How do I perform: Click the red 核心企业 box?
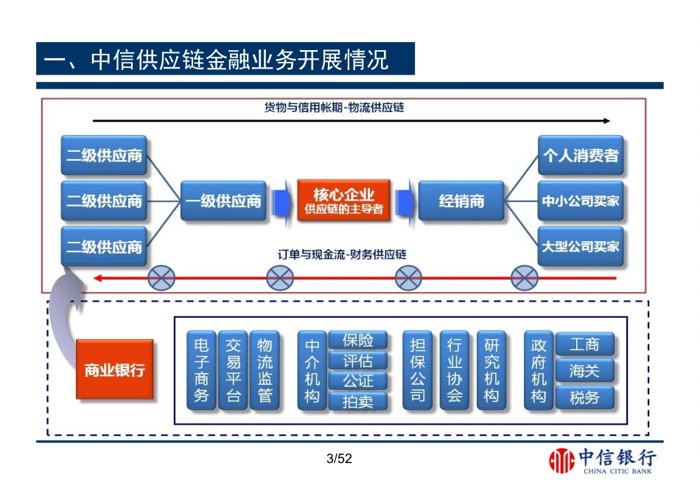[344, 201]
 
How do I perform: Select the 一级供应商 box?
[224, 201]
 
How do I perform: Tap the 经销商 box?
[462, 201]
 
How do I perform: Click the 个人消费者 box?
[581, 156]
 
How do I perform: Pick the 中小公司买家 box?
[581, 201]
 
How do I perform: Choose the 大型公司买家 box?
[581, 246]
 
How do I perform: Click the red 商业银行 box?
[114, 369]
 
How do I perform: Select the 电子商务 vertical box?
[201, 370]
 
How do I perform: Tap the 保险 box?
[357, 340]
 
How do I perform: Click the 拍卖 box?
[357, 402]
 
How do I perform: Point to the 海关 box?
[584, 370]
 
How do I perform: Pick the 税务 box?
[584, 398]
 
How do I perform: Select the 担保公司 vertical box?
[418, 370]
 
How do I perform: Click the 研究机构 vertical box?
[491, 370]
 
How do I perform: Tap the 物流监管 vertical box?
[265, 370]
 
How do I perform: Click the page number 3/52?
[340, 459]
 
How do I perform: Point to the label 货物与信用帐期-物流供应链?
[335, 108]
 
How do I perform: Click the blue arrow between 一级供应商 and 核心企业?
[281, 201]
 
